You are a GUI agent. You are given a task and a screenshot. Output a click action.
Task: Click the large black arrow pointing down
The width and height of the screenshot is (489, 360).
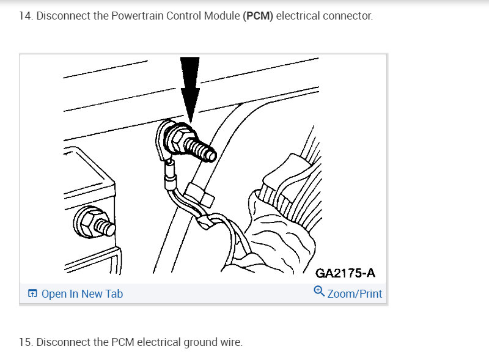190,89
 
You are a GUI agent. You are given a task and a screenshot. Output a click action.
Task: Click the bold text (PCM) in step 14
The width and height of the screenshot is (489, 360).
258,16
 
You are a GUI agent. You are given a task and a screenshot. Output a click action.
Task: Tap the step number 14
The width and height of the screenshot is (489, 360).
26,16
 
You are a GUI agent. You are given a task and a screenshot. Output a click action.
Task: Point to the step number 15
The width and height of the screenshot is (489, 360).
26,342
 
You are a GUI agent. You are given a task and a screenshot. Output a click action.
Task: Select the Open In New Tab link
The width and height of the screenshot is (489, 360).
82,294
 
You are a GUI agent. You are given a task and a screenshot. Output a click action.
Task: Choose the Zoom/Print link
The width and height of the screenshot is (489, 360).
355,294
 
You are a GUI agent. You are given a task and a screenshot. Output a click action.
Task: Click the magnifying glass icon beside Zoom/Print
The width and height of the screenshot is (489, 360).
319,291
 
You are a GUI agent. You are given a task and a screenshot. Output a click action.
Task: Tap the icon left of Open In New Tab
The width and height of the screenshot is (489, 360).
32,293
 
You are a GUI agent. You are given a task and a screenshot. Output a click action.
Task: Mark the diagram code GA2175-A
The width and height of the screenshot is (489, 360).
345,273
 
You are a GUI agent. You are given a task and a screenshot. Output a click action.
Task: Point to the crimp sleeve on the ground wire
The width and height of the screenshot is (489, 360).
170,175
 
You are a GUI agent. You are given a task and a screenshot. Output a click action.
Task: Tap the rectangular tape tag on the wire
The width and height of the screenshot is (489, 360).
200,196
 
